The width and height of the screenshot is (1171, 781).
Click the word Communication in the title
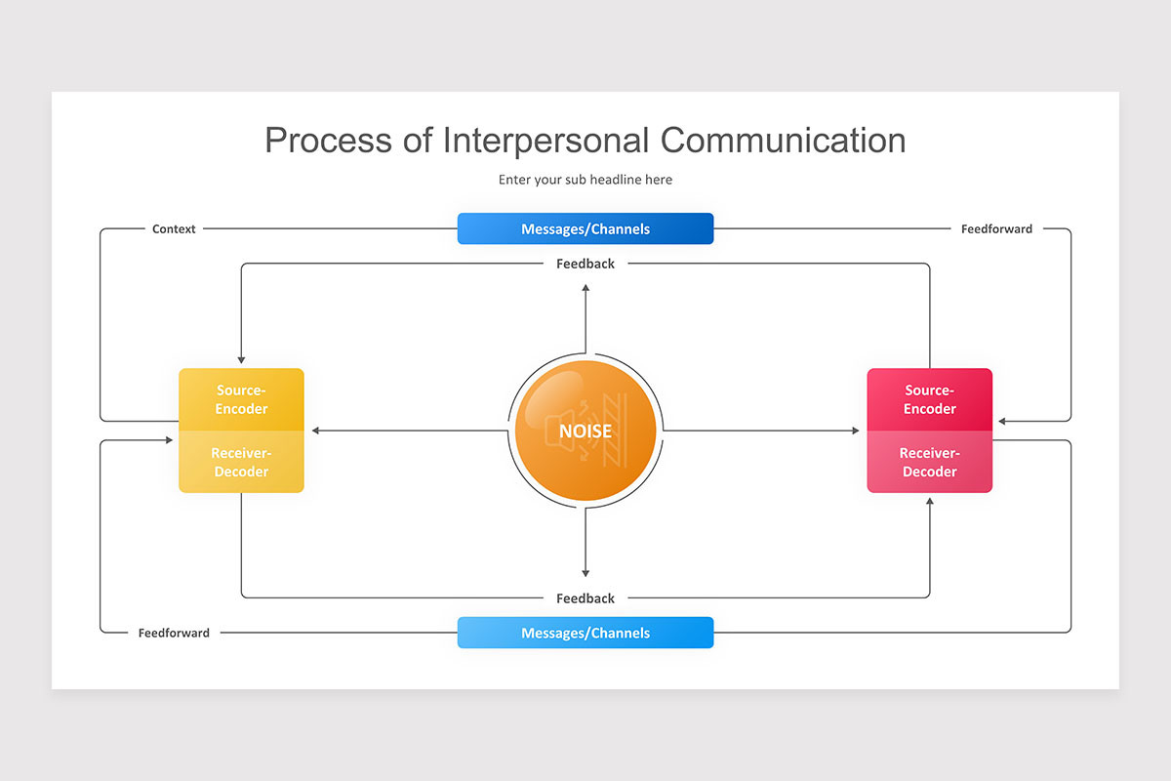(x=783, y=140)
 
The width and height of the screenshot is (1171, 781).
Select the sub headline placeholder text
(x=585, y=180)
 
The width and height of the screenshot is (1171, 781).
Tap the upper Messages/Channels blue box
(x=585, y=229)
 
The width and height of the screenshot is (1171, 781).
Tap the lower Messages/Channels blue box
(x=585, y=633)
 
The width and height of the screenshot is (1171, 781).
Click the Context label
(x=174, y=229)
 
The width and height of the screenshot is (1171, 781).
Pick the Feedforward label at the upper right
(x=996, y=229)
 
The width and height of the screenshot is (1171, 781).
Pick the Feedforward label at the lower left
(x=174, y=633)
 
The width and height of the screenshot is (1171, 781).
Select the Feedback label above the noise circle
(x=585, y=264)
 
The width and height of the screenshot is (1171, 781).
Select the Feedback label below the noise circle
(x=585, y=598)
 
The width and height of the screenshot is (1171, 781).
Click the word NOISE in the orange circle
(x=585, y=431)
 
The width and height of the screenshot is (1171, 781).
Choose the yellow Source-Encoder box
(x=241, y=399)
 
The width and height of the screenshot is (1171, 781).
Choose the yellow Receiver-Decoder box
(x=241, y=463)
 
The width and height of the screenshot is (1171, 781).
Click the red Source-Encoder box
(x=929, y=399)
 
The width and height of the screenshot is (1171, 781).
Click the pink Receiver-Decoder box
(x=929, y=463)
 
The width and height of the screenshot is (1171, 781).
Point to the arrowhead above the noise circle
(x=585, y=288)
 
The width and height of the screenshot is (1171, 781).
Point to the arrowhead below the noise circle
(x=585, y=573)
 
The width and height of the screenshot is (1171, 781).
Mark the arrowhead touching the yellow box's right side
(x=315, y=431)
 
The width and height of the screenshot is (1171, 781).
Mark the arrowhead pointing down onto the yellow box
(x=241, y=360)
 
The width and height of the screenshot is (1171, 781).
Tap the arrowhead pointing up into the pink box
(x=929, y=501)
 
